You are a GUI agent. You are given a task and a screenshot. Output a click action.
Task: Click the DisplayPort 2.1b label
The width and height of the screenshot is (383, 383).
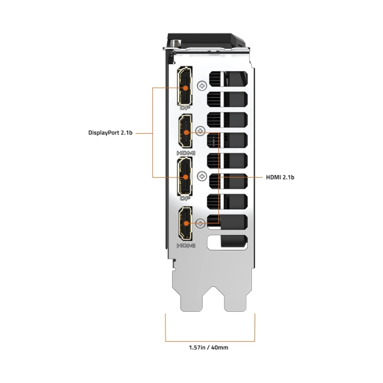tap(111, 133)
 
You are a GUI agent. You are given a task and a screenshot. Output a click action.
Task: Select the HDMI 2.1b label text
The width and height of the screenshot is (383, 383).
tap(280, 177)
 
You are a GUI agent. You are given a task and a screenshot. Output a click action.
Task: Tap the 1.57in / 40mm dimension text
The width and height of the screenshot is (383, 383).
tap(210, 348)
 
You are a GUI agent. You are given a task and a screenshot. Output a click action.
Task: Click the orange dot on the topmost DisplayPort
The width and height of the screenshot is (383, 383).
tap(185, 88)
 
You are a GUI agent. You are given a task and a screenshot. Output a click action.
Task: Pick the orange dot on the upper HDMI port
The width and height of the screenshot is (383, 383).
tap(186, 133)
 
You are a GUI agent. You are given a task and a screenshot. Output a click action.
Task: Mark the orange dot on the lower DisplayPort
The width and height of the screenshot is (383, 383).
tap(185, 178)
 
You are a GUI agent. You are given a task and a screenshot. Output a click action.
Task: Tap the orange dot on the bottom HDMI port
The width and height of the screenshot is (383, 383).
tap(186, 222)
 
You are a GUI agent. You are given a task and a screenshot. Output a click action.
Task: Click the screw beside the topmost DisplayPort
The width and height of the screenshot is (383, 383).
tap(202, 86)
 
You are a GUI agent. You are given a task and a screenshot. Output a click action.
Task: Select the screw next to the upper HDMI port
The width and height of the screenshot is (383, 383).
tap(202, 131)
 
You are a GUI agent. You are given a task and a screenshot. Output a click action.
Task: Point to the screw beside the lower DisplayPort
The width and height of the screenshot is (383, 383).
tap(202, 176)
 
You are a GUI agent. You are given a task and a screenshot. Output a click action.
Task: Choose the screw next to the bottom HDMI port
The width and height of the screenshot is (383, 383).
tap(202, 221)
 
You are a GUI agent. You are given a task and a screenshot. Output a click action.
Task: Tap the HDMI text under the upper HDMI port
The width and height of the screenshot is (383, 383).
tap(186, 153)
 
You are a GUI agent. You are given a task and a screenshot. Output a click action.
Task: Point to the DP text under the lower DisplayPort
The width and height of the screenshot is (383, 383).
tap(185, 198)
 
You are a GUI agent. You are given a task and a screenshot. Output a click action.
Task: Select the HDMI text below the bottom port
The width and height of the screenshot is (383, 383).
tap(186, 246)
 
